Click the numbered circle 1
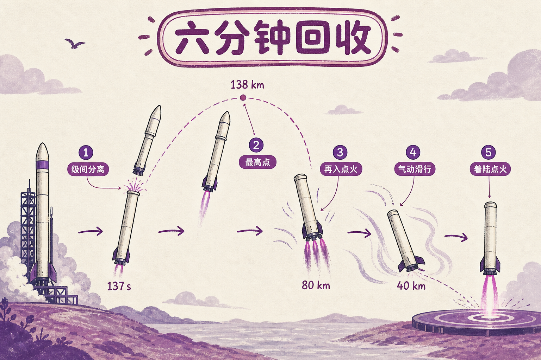click(x=86, y=152)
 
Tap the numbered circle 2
click(x=256, y=145)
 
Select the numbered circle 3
click(x=340, y=152)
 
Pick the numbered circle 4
click(x=413, y=152)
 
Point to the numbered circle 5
click(x=489, y=152)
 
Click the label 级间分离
click(x=88, y=169)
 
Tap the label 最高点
click(x=257, y=162)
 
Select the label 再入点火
click(x=341, y=169)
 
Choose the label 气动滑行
click(x=415, y=169)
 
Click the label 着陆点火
click(x=490, y=169)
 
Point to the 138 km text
click(x=247, y=85)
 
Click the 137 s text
click(x=119, y=286)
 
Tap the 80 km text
click(x=316, y=285)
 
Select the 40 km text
click(x=411, y=286)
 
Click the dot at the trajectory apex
click(x=243, y=98)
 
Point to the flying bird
click(x=74, y=43)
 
